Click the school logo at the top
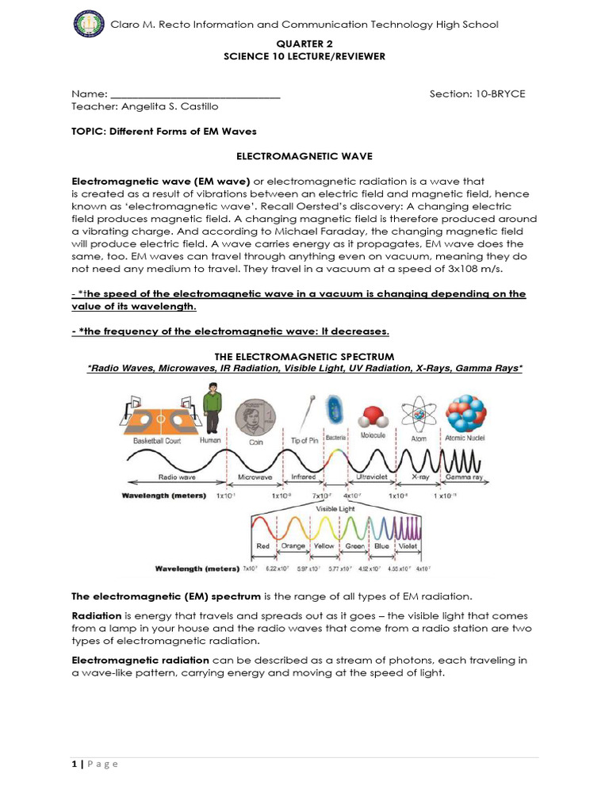88,25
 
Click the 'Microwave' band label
256,478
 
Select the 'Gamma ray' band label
464,478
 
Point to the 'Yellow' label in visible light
324,546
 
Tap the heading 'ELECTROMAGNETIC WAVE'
304,157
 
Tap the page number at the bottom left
75,764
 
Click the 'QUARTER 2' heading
304,45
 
